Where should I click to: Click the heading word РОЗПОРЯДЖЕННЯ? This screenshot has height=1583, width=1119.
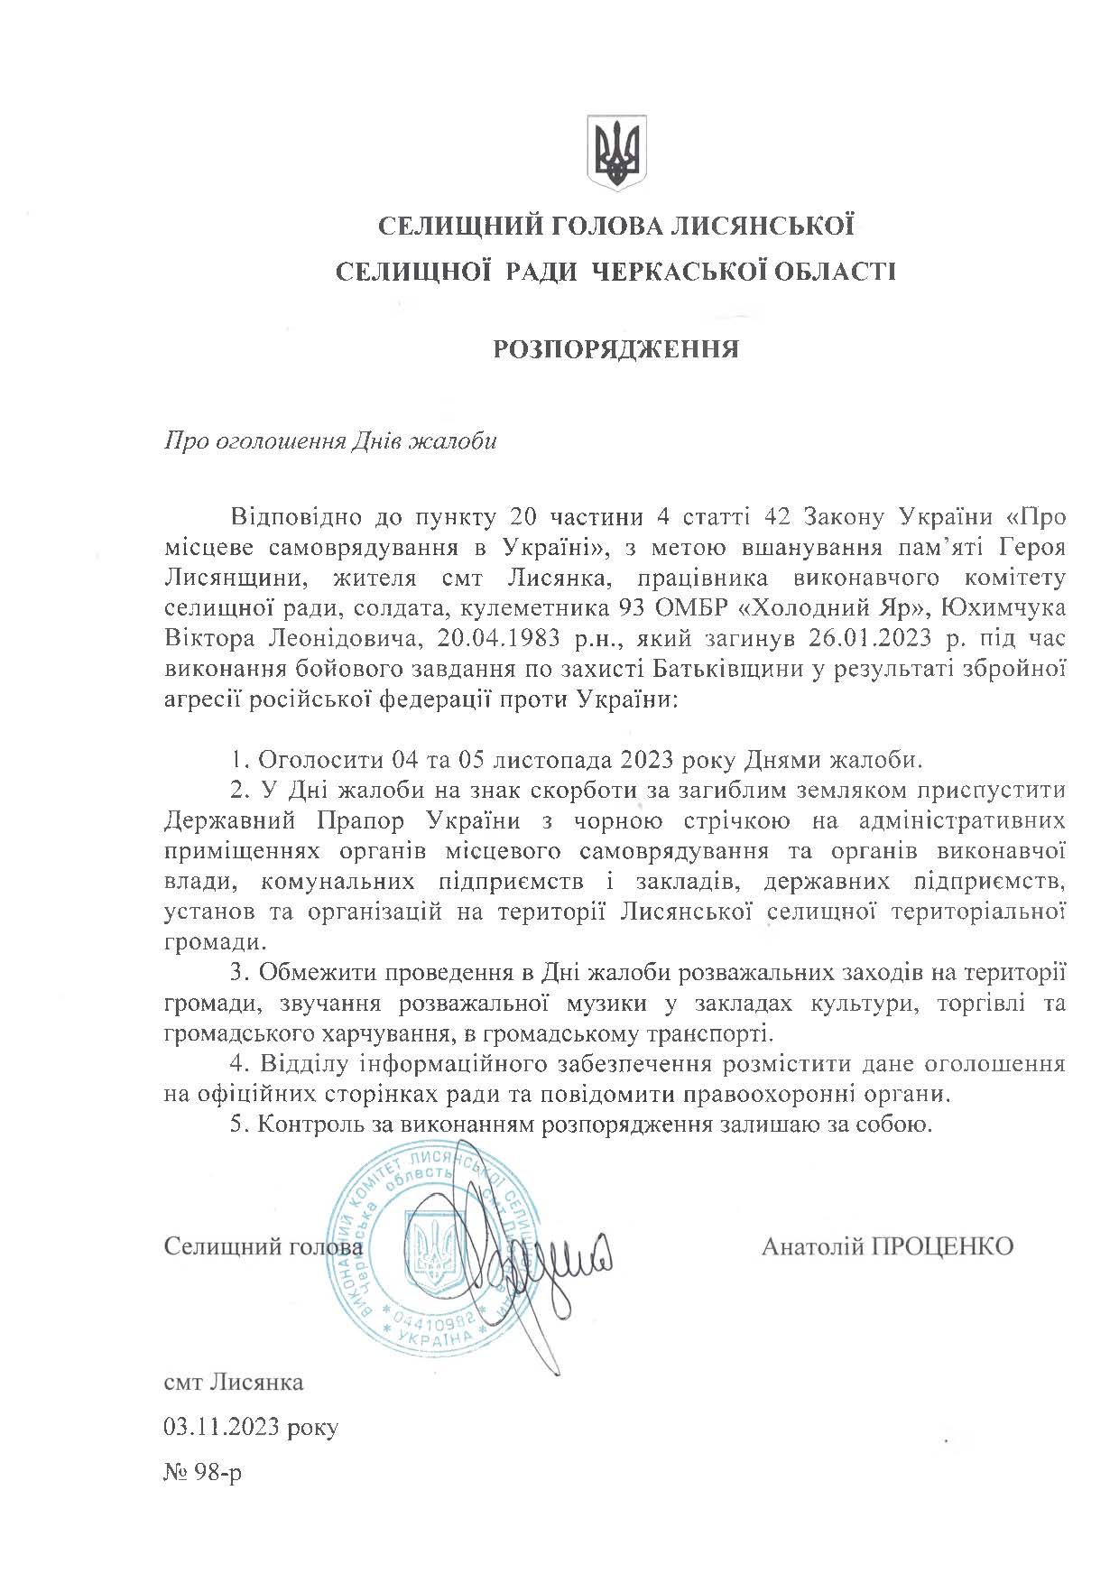615,349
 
